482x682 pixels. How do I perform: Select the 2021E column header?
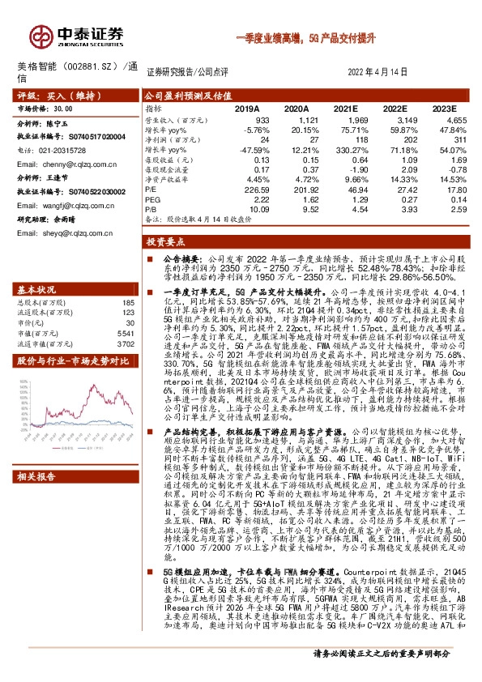pos(346,107)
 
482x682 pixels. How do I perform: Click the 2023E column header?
pos(446,107)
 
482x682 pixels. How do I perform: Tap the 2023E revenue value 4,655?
pos(446,119)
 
